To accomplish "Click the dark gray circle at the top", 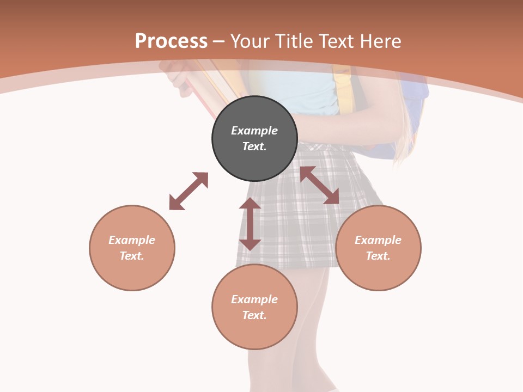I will pos(254,138).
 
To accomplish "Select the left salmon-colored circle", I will pos(132,248).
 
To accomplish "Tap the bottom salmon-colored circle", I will pos(254,307).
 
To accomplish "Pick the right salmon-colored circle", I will pos(378,248).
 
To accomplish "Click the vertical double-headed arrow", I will pos(250,224).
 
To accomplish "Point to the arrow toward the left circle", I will pos(188,191).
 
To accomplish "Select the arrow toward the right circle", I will pos(319,185).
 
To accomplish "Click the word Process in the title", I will pos(171,41).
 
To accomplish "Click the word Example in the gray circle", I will pos(254,131).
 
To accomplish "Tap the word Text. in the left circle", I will pos(132,256).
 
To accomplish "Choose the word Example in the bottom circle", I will pos(254,299).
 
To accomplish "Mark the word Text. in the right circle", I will pos(378,256).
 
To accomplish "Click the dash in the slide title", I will pos(219,41).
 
